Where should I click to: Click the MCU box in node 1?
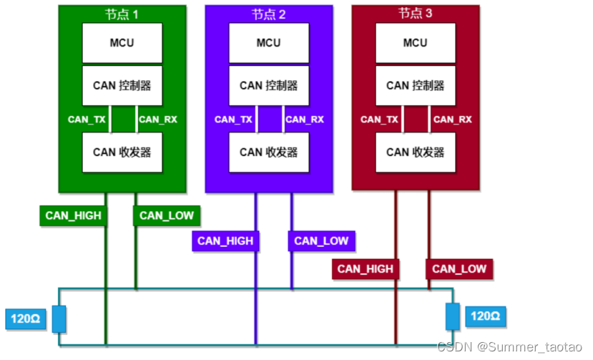122,43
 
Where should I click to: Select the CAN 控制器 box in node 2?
268,85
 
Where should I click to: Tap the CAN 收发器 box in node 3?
415,152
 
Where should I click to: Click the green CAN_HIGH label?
73,215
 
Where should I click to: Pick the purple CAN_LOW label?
321,241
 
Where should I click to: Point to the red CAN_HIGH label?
365,269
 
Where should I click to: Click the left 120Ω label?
25,318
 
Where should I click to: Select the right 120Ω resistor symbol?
453,316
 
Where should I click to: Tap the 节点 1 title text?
122,14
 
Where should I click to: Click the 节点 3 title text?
415,13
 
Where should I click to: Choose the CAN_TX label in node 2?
233,120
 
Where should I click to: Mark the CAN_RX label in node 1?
157,120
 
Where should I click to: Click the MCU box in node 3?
415,43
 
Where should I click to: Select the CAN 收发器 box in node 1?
122,152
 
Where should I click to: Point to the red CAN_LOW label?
459,269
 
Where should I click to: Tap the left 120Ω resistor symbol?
59,318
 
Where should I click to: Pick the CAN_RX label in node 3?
452,120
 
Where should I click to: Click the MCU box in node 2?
268,43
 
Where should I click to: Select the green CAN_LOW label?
166,215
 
